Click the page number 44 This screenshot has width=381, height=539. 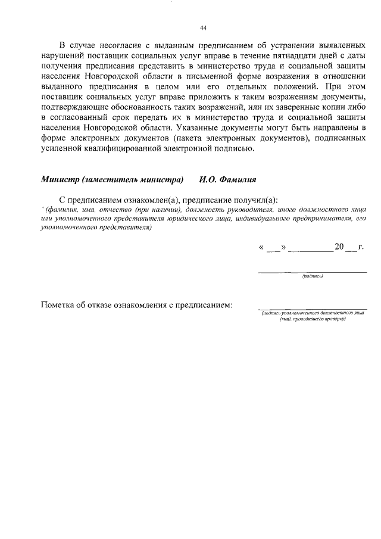(203, 28)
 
